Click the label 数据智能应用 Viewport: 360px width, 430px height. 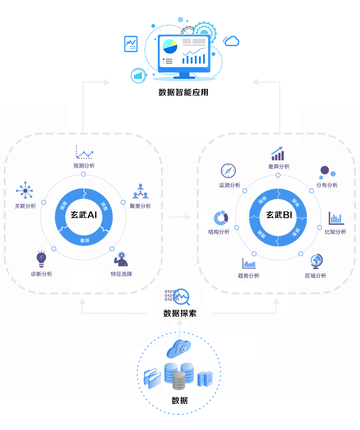click(183, 92)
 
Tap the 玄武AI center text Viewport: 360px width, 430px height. click(84, 215)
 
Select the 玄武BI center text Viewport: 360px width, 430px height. click(279, 215)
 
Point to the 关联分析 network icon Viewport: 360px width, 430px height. click(25, 191)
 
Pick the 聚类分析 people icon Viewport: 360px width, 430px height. click(140, 191)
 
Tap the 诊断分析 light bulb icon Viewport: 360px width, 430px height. click(41, 258)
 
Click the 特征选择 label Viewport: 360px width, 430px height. click(121, 274)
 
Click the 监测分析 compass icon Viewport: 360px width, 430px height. click(228, 171)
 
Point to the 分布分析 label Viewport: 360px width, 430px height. click(327, 185)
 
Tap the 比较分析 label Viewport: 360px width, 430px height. click(336, 232)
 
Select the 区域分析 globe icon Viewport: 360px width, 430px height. click(316, 261)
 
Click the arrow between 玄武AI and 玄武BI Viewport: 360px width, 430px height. click(180, 217)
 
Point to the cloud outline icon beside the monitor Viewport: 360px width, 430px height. click(231, 41)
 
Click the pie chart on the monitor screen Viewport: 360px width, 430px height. click(170, 47)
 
